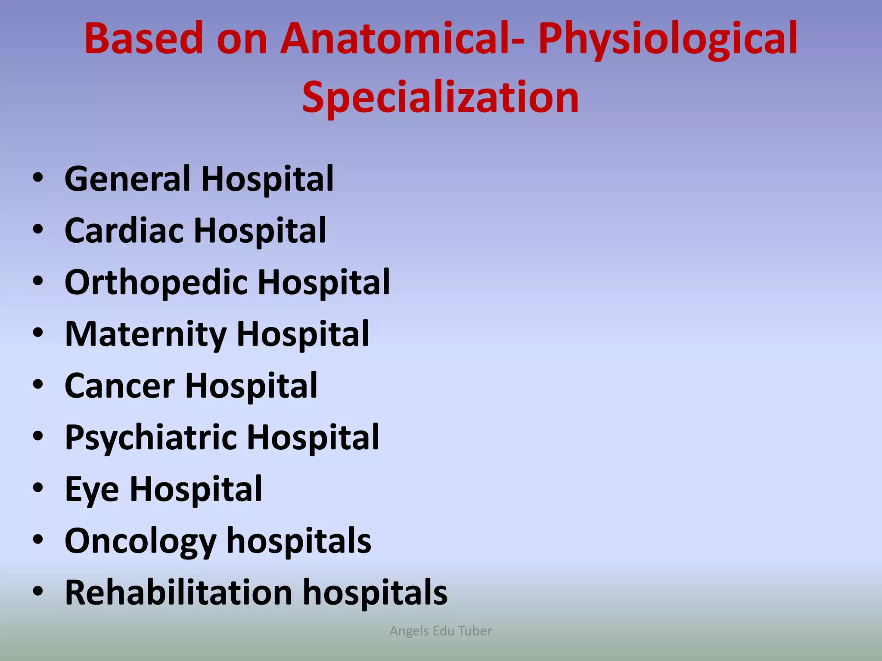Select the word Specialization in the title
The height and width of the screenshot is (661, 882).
[441, 98]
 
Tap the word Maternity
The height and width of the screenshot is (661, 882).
[145, 335]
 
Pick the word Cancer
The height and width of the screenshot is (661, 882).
[119, 386]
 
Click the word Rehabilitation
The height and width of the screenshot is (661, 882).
[178, 593]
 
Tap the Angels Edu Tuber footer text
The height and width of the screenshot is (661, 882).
[441, 631]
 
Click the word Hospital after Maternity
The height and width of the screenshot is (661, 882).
[302, 335]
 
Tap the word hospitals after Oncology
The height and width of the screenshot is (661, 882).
[298, 541]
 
